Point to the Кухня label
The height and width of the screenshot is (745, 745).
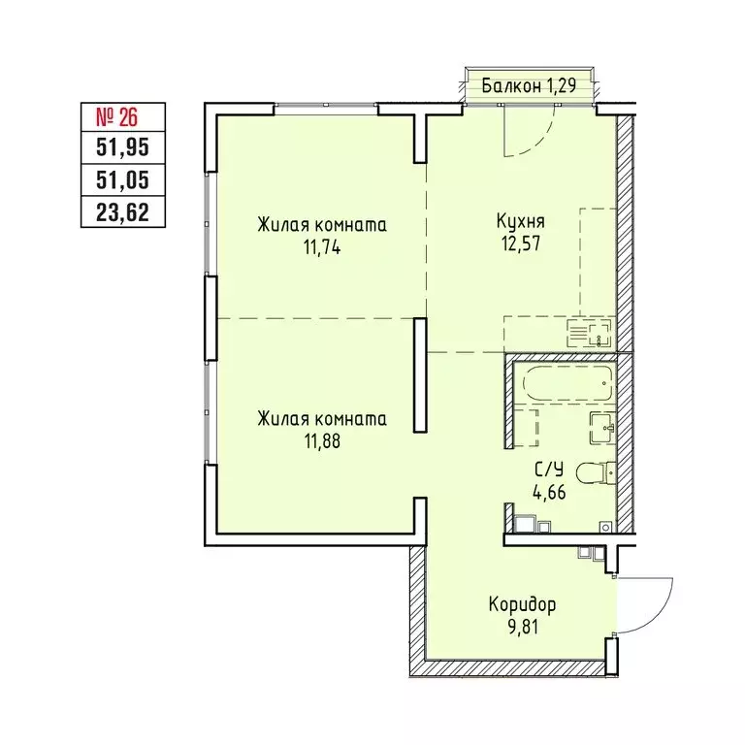pyautogui.click(x=512, y=220)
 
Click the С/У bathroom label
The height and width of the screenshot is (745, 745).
pyautogui.click(x=548, y=470)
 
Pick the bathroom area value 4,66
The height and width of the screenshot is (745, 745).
pyautogui.click(x=548, y=491)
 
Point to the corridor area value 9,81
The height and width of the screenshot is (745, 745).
pyautogui.click(x=523, y=627)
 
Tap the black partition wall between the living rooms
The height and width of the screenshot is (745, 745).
pyautogui.click(x=419, y=374)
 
